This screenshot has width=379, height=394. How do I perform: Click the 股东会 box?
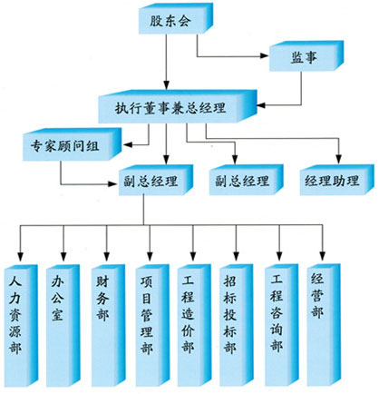coord(176,18)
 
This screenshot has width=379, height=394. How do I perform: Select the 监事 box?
coord(306,56)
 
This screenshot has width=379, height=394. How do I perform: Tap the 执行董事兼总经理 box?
coord(178,106)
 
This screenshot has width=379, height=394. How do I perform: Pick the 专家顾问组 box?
coord(72,144)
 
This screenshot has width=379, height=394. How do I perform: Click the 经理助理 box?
coord(336,180)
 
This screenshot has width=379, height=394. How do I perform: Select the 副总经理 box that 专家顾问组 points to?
coord(156,180)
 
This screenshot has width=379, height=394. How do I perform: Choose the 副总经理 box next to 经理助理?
coord(246,180)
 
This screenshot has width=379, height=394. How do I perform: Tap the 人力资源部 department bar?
coord(21,326)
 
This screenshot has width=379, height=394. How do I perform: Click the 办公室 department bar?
coord(63,326)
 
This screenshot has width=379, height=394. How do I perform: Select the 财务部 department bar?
coord(108,326)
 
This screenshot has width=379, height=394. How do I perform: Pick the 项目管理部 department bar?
coord(152,326)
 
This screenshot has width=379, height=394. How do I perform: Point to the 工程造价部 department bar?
coord(194,326)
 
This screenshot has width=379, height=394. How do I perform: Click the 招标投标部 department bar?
coord(236,326)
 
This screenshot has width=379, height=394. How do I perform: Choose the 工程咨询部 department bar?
coord(281,325)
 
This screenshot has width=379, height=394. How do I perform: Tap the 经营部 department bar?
coord(324,325)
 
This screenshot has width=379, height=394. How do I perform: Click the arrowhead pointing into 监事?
coord(264,55)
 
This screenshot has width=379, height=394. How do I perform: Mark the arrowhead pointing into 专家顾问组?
coord(128,145)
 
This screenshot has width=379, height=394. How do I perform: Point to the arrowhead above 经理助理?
coord(339,160)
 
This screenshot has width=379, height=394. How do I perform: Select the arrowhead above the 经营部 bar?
coord(323,256)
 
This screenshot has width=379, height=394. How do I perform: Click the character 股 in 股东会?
coord(157,21)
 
